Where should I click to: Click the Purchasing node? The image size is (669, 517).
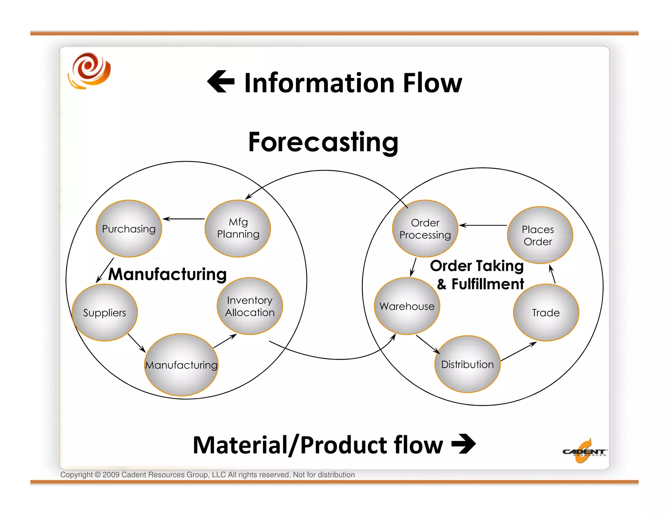tap(129, 228)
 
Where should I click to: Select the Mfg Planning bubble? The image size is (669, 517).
tap(238, 228)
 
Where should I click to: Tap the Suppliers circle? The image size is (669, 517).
tap(105, 312)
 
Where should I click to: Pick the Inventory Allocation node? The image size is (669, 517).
tap(250, 306)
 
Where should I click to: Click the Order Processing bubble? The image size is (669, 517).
tap(425, 228)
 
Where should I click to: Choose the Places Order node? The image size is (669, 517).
tap(540, 235)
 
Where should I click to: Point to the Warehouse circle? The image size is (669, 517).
tap(407, 306)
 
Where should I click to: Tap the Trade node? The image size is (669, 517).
tap(546, 312)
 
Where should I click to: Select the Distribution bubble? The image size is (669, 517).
tap(467, 364)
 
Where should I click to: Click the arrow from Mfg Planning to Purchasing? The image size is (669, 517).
tap(184, 219)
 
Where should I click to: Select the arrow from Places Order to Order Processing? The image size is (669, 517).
tap(483, 225)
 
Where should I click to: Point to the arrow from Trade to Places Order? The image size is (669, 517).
tap(552, 274)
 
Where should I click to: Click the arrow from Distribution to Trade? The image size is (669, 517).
tap(519, 351)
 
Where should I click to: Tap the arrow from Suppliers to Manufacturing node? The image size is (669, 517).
tap(137, 343)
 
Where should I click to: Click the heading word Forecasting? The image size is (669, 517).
tap(323, 142)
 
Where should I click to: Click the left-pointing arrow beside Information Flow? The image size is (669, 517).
tap(221, 82)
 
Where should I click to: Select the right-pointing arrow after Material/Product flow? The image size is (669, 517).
tap(464, 444)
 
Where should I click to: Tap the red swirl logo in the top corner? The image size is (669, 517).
tap(89, 71)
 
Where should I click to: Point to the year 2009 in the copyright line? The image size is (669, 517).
tap(111, 475)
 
